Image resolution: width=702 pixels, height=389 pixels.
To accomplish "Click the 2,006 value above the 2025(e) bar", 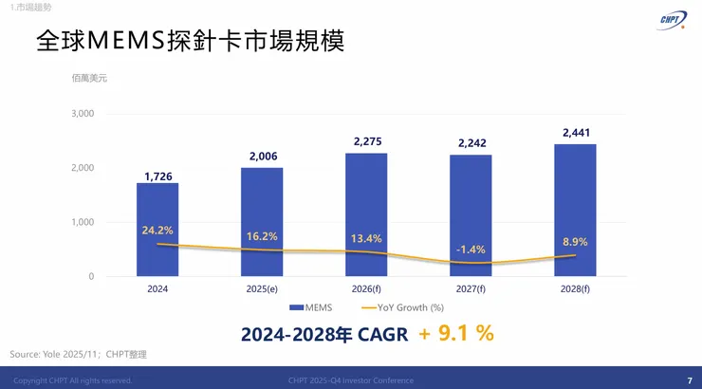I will (262, 157).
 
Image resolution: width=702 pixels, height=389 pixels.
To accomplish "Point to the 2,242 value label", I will (471, 144).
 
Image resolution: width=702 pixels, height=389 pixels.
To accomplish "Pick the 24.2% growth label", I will (157, 230).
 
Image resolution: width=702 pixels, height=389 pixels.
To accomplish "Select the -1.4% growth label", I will (471, 249).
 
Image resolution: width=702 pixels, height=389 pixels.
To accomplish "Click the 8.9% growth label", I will (575, 242).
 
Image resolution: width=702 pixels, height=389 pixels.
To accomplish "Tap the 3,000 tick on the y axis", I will (83, 114).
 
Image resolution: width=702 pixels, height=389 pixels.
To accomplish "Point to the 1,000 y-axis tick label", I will (83, 222).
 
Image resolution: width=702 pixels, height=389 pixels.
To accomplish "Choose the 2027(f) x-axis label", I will (471, 287).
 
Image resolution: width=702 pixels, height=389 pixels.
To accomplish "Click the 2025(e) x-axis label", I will (262, 287).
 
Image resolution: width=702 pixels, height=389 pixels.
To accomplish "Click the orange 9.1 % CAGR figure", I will (456, 333).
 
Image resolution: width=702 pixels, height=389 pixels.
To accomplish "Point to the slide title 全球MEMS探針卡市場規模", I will (189, 41).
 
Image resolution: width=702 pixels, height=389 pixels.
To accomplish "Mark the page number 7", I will (689, 380).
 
